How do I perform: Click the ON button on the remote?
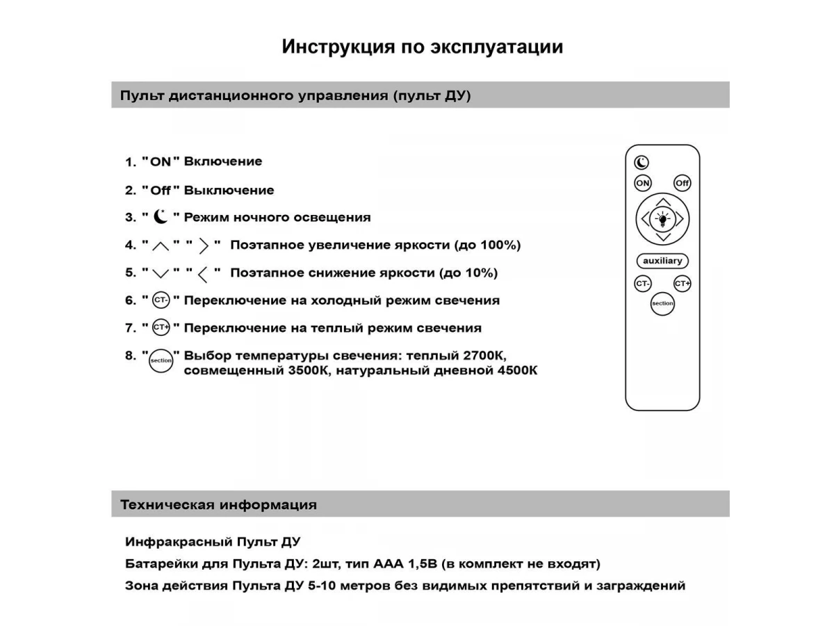[643, 183]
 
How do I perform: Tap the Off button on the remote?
[682, 183]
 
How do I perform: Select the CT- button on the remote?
[643, 284]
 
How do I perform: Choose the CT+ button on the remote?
[682, 284]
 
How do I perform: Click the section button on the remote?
[662, 303]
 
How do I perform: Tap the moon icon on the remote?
[641, 162]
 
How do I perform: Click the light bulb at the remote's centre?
[663, 220]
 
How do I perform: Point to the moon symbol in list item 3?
[161, 217]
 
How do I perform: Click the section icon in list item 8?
[161, 360]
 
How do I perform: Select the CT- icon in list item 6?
[161, 300]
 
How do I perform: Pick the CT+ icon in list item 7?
[161, 328]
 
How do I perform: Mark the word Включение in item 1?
[223, 161]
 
